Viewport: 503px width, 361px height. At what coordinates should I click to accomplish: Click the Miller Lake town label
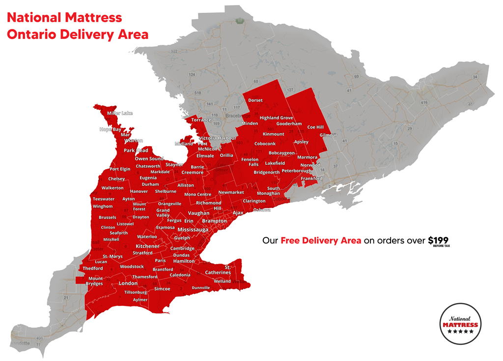coord(120,113)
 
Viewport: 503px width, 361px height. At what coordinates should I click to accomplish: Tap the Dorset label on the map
coord(255,100)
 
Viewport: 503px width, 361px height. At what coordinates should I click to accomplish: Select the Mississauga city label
coord(194,230)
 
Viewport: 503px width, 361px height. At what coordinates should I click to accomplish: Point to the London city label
coord(128,283)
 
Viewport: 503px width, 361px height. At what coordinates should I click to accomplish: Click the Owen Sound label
coord(149,159)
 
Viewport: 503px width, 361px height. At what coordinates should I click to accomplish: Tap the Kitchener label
coord(147,246)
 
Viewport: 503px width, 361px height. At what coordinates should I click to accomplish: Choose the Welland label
coord(222,281)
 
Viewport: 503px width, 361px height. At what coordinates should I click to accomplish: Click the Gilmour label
coord(328,135)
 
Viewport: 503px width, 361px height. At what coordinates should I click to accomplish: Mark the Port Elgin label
coord(120,169)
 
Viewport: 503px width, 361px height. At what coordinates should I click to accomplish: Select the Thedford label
coord(93,269)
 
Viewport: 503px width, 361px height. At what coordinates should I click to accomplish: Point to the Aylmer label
coord(140,300)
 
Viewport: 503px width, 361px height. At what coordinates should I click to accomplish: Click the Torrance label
coord(201,120)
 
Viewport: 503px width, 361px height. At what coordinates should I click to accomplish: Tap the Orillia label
coord(226,155)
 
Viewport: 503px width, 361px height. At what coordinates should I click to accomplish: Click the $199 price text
coord(438,240)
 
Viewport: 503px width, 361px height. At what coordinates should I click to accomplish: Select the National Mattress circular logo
coord(460,324)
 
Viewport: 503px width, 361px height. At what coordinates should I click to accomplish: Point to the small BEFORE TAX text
coord(441,246)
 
